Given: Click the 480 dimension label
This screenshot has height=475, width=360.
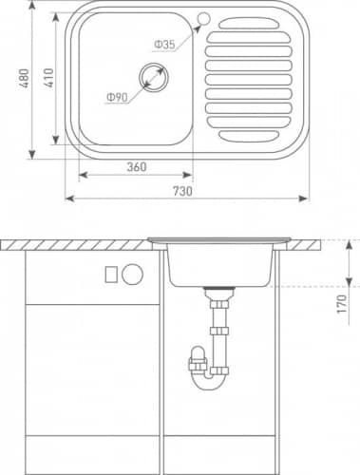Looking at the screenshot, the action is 25,78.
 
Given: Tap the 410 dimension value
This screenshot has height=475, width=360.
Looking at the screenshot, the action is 49,78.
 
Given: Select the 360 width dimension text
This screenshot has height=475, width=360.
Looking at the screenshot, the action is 137,167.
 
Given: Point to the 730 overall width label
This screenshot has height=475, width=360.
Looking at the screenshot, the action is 182,191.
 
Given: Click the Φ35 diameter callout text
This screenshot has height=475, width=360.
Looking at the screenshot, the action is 164,45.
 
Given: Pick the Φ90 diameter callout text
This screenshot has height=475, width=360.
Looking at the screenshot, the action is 117,98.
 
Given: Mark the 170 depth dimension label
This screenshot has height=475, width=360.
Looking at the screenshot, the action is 342,304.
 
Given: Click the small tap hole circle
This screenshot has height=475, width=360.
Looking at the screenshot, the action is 204,18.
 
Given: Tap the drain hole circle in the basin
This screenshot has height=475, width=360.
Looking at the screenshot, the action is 154,77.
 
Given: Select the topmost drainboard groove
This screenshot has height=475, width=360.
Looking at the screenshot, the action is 250,23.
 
